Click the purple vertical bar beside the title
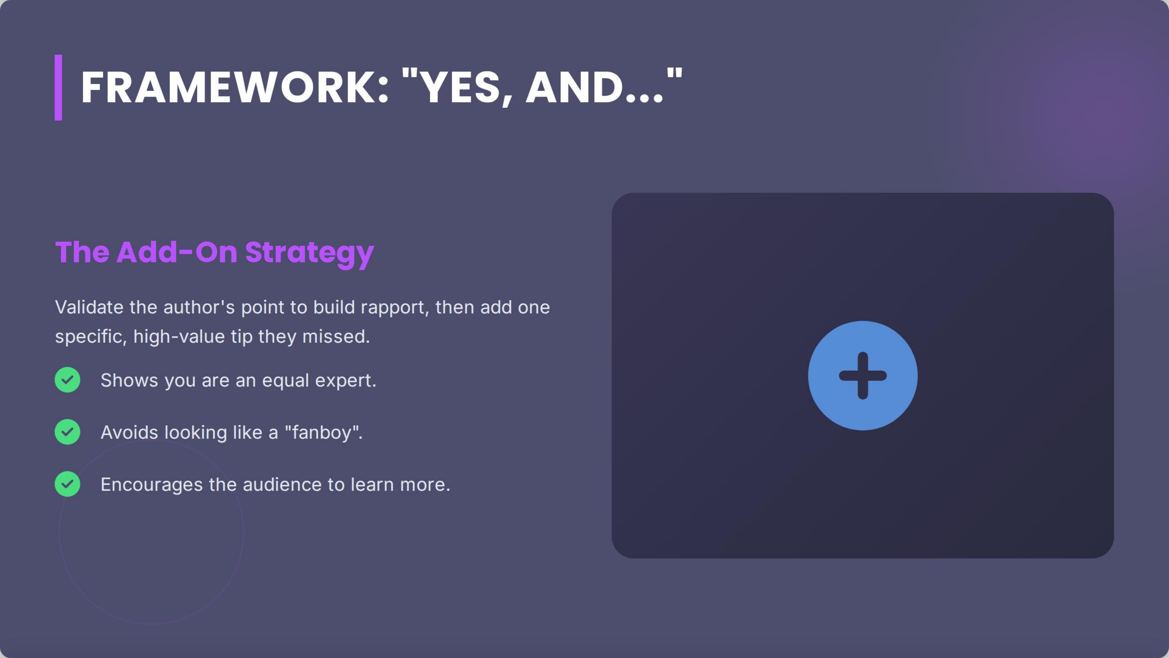pos(58,88)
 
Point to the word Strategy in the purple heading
pos(309,252)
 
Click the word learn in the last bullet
pos(372,485)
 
